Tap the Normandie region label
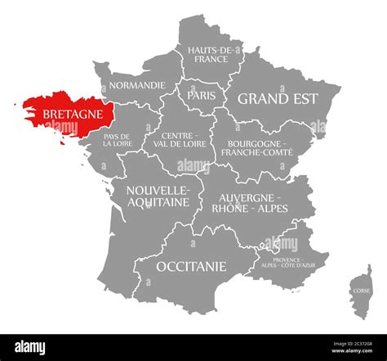(x=137, y=84)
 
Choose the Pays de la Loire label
(x=118, y=139)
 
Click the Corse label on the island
(x=360, y=291)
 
